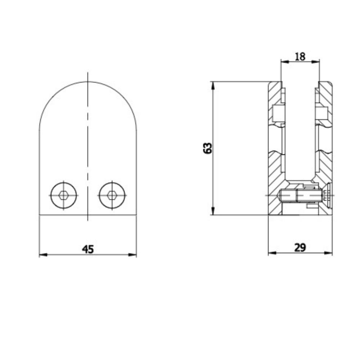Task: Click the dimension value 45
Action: pos(87,249)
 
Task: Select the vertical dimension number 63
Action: pos(207,148)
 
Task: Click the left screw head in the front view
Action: pos(64,195)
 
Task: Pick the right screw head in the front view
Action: pos(112,195)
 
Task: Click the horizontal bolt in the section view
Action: pos(301,195)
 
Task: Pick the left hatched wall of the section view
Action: pos(274,144)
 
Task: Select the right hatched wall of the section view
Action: pos(326,144)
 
